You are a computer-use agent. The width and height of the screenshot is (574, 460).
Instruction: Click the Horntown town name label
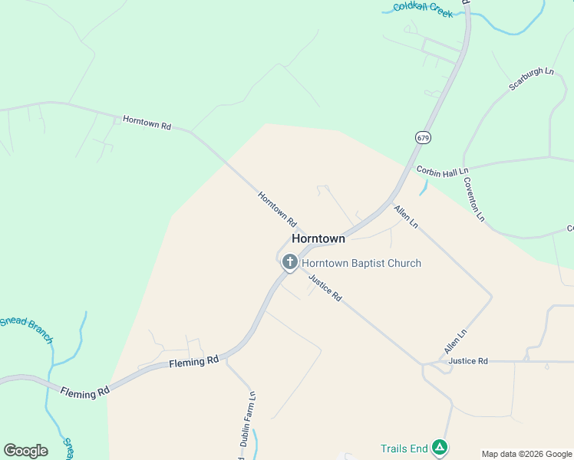pyautogui.click(x=318, y=238)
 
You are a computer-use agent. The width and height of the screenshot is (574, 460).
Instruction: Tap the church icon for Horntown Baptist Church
pyautogui.click(x=290, y=263)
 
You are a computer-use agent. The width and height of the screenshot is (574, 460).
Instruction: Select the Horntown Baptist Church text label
pyautogui.click(x=361, y=263)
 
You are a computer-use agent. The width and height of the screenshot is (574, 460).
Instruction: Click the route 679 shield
pyautogui.click(x=423, y=137)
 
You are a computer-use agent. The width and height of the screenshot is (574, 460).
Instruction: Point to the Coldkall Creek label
pyautogui.click(x=424, y=9)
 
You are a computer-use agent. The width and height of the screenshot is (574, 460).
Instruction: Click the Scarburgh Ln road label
pyautogui.click(x=531, y=79)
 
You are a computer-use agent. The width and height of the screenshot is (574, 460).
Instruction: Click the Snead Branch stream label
pyautogui.click(x=27, y=329)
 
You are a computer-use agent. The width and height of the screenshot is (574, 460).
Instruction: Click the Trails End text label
pyautogui.click(x=404, y=449)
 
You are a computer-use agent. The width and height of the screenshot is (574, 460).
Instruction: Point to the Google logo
pyautogui.click(x=25, y=451)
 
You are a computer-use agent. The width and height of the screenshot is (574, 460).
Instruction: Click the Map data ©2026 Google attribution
pyautogui.click(x=526, y=454)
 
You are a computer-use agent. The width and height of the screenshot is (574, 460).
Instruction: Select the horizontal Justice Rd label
pyautogui.click(x=468, y=360)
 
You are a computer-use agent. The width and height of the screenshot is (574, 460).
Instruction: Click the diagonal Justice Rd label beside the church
pyautogui.click(x=325, y=288)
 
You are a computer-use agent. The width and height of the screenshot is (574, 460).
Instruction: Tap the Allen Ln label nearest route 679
pyautogui.click(x=406, y=216)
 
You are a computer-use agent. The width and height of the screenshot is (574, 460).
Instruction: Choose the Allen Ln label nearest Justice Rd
pyautogui.click(x=455, y=342)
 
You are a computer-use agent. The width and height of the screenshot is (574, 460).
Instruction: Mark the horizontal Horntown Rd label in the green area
pyautogui.click(x=147, y=122)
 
